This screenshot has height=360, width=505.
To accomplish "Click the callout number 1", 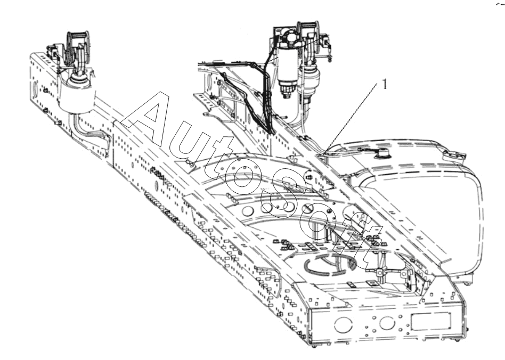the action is (385, 84).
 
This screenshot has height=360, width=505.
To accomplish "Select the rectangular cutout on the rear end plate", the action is (430, 321).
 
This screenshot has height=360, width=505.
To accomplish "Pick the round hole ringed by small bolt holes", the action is (387, 323).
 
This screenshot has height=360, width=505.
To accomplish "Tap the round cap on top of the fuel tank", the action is (382, 153).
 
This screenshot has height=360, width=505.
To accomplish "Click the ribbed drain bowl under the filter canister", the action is (286, 87).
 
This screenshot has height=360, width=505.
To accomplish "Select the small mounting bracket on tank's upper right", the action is (454, 156).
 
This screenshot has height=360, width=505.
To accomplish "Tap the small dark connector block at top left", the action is (51, 50).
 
